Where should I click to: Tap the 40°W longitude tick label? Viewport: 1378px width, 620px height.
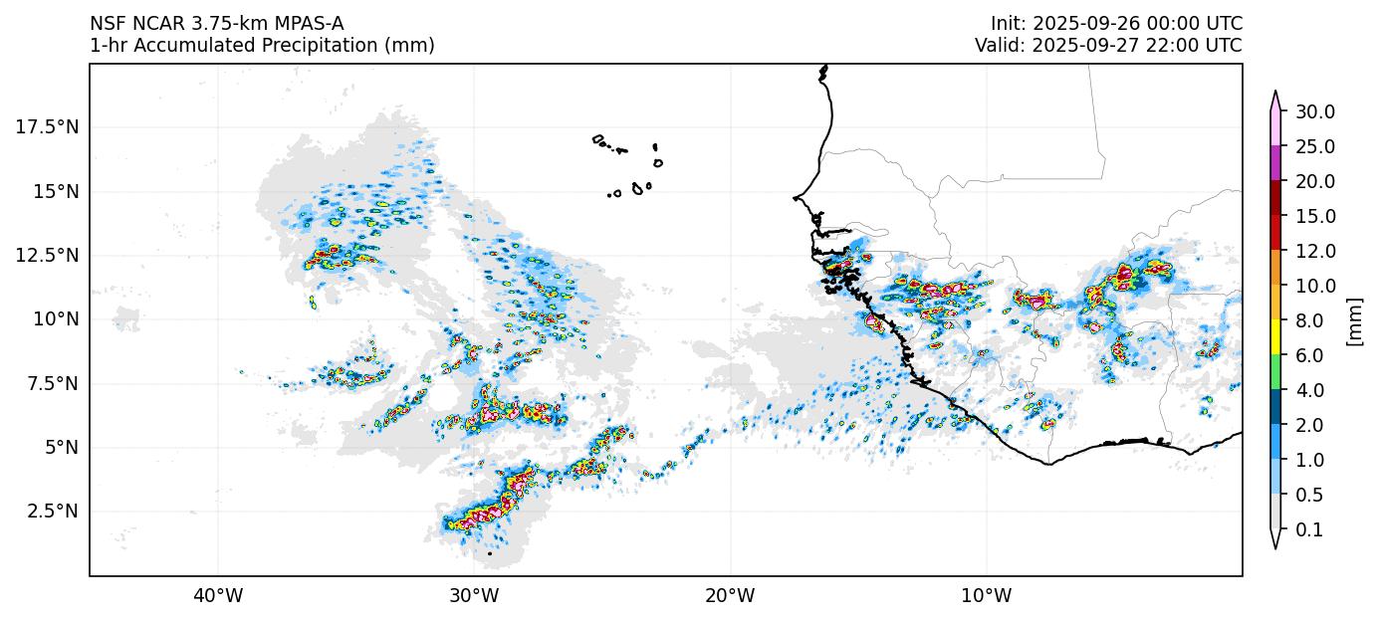[218, 596]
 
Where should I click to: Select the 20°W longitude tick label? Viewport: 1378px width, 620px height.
[730, 596]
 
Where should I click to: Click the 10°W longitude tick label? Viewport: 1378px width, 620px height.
[987, 596]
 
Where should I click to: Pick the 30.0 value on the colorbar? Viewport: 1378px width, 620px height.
[1315, 111]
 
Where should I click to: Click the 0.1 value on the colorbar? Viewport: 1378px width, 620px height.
[1309, 530]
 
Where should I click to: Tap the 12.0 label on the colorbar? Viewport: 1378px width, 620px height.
[1315, 251]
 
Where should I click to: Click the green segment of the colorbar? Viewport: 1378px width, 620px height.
[1275, 373]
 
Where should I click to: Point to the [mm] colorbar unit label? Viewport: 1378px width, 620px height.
[1353, 320]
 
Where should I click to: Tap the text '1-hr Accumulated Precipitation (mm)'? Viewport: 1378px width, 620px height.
[262, 46]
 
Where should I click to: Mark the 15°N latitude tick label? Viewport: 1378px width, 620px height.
[55, 191]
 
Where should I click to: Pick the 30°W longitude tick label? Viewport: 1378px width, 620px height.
[474, 596]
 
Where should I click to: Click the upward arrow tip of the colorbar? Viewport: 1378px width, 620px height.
[1275, 93]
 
